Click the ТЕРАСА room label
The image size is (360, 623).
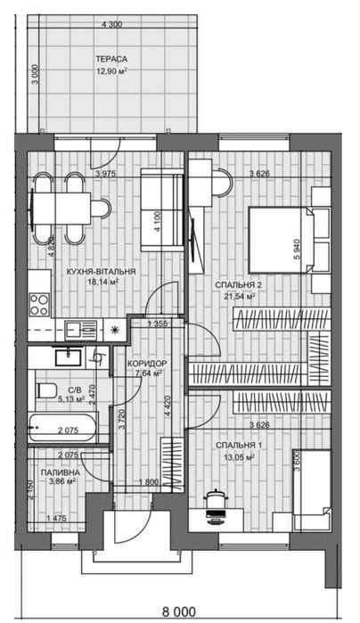pyautogui.click(x=111, y=59)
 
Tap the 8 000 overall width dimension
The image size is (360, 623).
pyautogui.click(x=179, y=611)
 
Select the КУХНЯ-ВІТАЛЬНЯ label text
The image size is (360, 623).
pyautogui.click(x=102, y=272)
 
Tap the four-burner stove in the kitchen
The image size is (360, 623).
pyautogui.click(x=39, y=305)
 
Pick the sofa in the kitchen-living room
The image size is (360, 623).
pyautogui.click(x=162, y=209)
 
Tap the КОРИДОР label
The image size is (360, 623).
pyautogui.click(x=147, y=364)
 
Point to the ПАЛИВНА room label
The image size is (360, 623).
pyautogui.click(x=61, y=472)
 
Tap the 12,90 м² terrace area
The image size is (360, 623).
pyautogui.click(x=111, y=71)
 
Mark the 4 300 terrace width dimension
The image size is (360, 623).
pyautogui.click(x=112, y=25)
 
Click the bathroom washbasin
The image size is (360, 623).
pyautogui.click(x=69, y=357)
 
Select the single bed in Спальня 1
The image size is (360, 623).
pyautogui.click(x=312, y=490)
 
